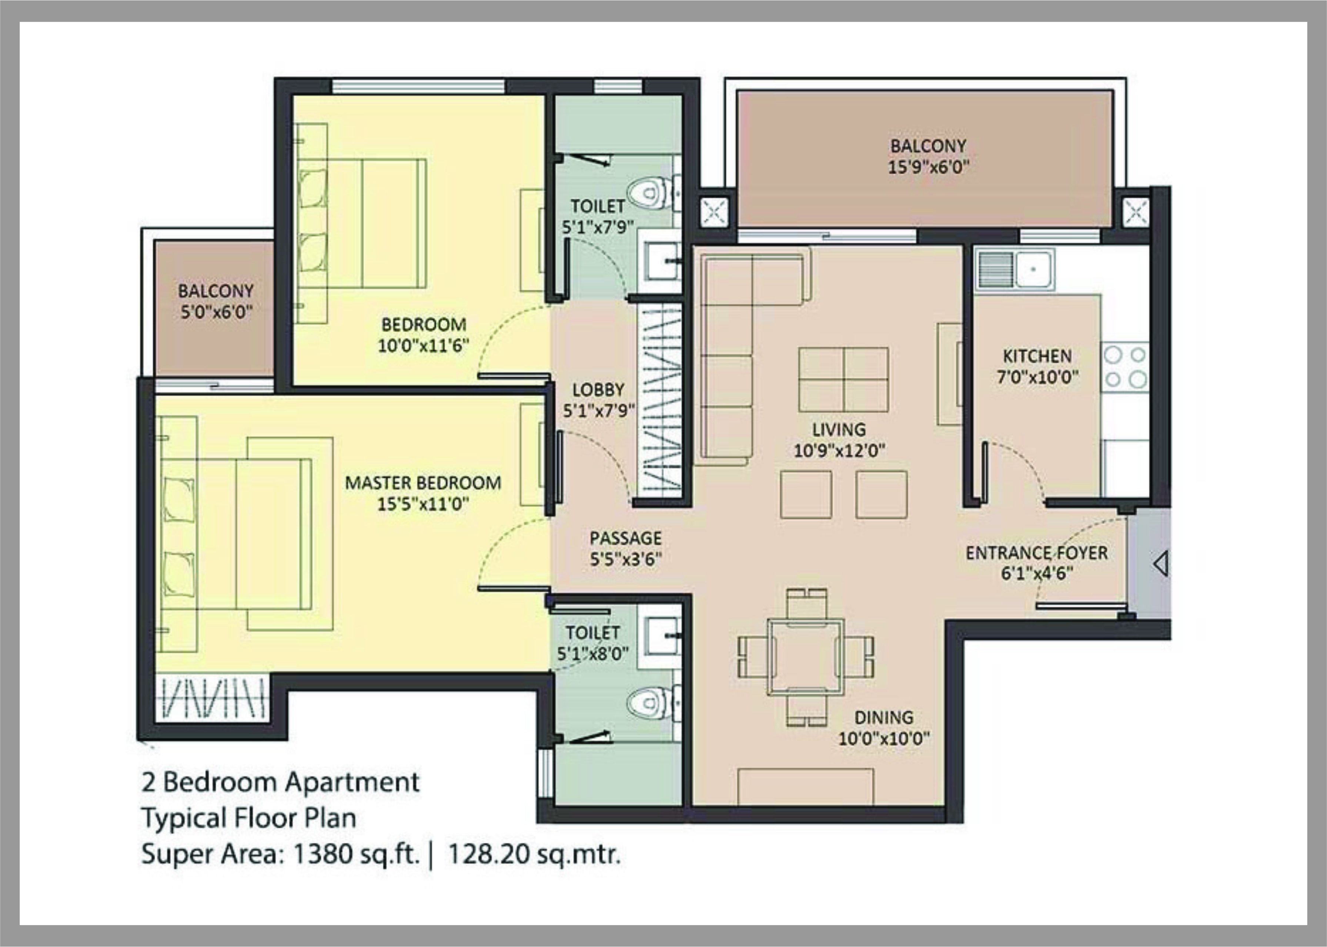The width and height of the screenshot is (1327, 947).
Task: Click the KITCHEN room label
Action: coord(1037,356)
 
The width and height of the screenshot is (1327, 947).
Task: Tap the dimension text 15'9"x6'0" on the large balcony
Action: coord(928,168)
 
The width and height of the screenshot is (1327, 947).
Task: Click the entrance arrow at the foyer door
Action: coord(1160,564)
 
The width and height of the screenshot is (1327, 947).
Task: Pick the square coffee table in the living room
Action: coord(843,380)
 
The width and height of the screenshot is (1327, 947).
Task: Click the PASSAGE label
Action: coord(625,538)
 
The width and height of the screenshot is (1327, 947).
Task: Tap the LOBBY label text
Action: coord(598,389)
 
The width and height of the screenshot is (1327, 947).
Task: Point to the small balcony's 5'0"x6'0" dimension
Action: coord(216,313)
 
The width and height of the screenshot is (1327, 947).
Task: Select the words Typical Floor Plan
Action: coord(249,818)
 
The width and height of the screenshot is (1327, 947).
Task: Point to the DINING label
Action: coord(883,717)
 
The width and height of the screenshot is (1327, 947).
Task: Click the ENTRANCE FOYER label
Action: coord(1036,553)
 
